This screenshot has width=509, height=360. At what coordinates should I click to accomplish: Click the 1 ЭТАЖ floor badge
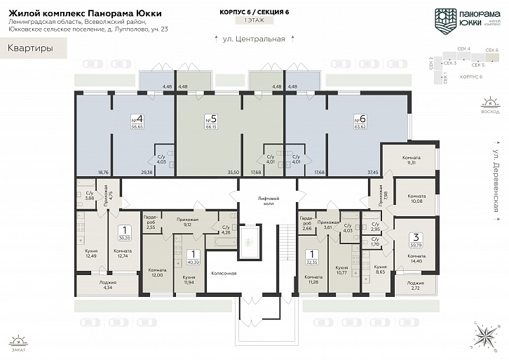click(x=254, y=22)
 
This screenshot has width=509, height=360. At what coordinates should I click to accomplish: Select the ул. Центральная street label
click(x=254, y=39)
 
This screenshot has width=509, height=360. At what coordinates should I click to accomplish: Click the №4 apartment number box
click(x=137, y=121)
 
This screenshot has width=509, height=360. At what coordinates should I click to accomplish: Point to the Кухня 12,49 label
click(x=90, y=253)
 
